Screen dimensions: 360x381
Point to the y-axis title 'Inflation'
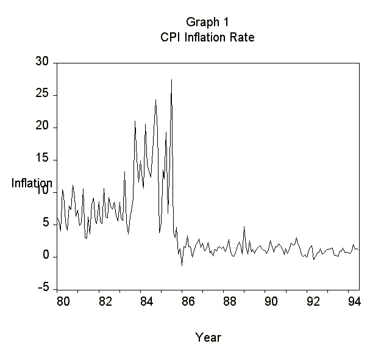click(x=32, y=183)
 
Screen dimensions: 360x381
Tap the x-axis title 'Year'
click(x=208, y=337)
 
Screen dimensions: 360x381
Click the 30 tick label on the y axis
click(x=42, y=62)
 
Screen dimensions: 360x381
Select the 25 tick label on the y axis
click(x=42, y=95)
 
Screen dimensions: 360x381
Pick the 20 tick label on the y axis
click(x=42, y=127)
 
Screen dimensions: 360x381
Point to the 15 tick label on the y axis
click(x=42, y=159)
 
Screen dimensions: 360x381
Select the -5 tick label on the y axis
click(x=42, y=289)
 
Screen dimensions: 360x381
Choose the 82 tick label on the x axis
click(x=105, y=301)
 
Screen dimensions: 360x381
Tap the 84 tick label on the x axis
click(x=146, y=301)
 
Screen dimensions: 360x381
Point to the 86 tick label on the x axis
click(x=188, y=301)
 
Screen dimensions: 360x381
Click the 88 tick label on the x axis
click(x=229, y=301)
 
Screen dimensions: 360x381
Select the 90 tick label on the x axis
click(x=271, y=301)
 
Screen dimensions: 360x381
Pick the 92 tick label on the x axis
click(x=312, y=301)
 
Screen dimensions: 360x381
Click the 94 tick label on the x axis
click(x=352, y=301)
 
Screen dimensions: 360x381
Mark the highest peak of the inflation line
click(x=171, y=79)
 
